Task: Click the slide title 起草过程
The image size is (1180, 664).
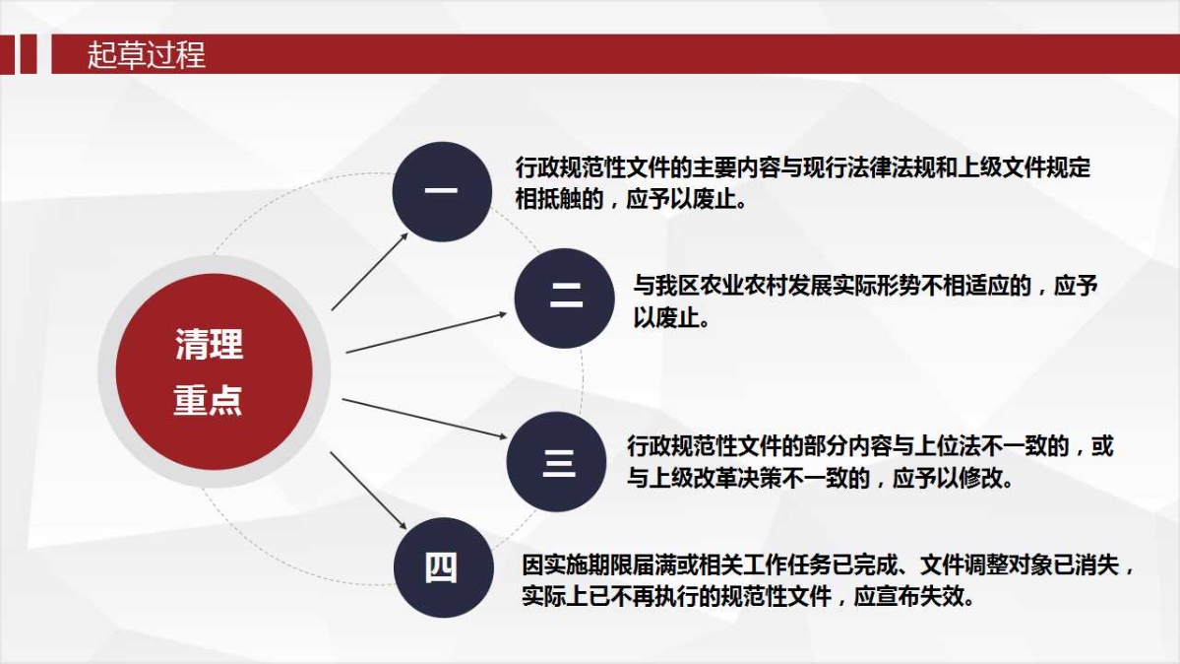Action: tap(146, 54)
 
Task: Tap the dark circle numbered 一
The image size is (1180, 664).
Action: tap(442, 191)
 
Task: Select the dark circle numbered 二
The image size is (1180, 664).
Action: tap(564, 298)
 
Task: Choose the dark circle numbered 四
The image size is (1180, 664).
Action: tap(442, 567)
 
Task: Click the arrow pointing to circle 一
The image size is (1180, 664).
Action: tap(369, 272)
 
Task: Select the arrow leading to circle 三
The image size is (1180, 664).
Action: tap(423, 418)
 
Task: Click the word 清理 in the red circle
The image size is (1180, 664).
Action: tap(209, 345)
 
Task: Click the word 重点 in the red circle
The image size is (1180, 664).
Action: tap(209, 400)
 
